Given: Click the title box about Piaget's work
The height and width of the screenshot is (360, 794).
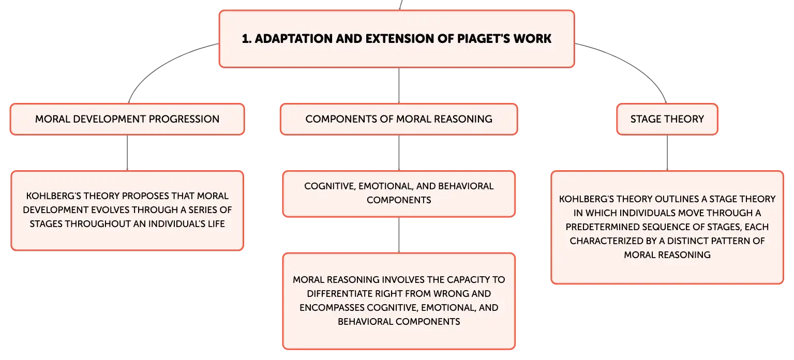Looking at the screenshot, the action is (397, 39).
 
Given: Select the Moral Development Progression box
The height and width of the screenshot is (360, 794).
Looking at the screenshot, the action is (127, 119).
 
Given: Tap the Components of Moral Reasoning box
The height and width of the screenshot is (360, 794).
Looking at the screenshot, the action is (399, 119).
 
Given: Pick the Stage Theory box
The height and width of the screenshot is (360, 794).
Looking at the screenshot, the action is (667, 119).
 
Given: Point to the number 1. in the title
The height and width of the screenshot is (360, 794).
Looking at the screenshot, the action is (247, 39).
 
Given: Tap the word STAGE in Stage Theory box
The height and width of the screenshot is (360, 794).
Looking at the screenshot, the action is (646, 119).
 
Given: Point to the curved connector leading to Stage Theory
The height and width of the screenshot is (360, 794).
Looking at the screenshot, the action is (635, 64).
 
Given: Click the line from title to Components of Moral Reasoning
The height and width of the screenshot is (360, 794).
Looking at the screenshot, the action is (399, 85).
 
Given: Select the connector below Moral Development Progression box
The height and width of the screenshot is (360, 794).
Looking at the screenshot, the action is (127, 153).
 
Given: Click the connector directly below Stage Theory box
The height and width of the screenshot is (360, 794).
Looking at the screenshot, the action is (667, 153).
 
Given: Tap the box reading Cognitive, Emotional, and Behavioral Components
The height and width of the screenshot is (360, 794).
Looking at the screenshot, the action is (399, 194).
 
